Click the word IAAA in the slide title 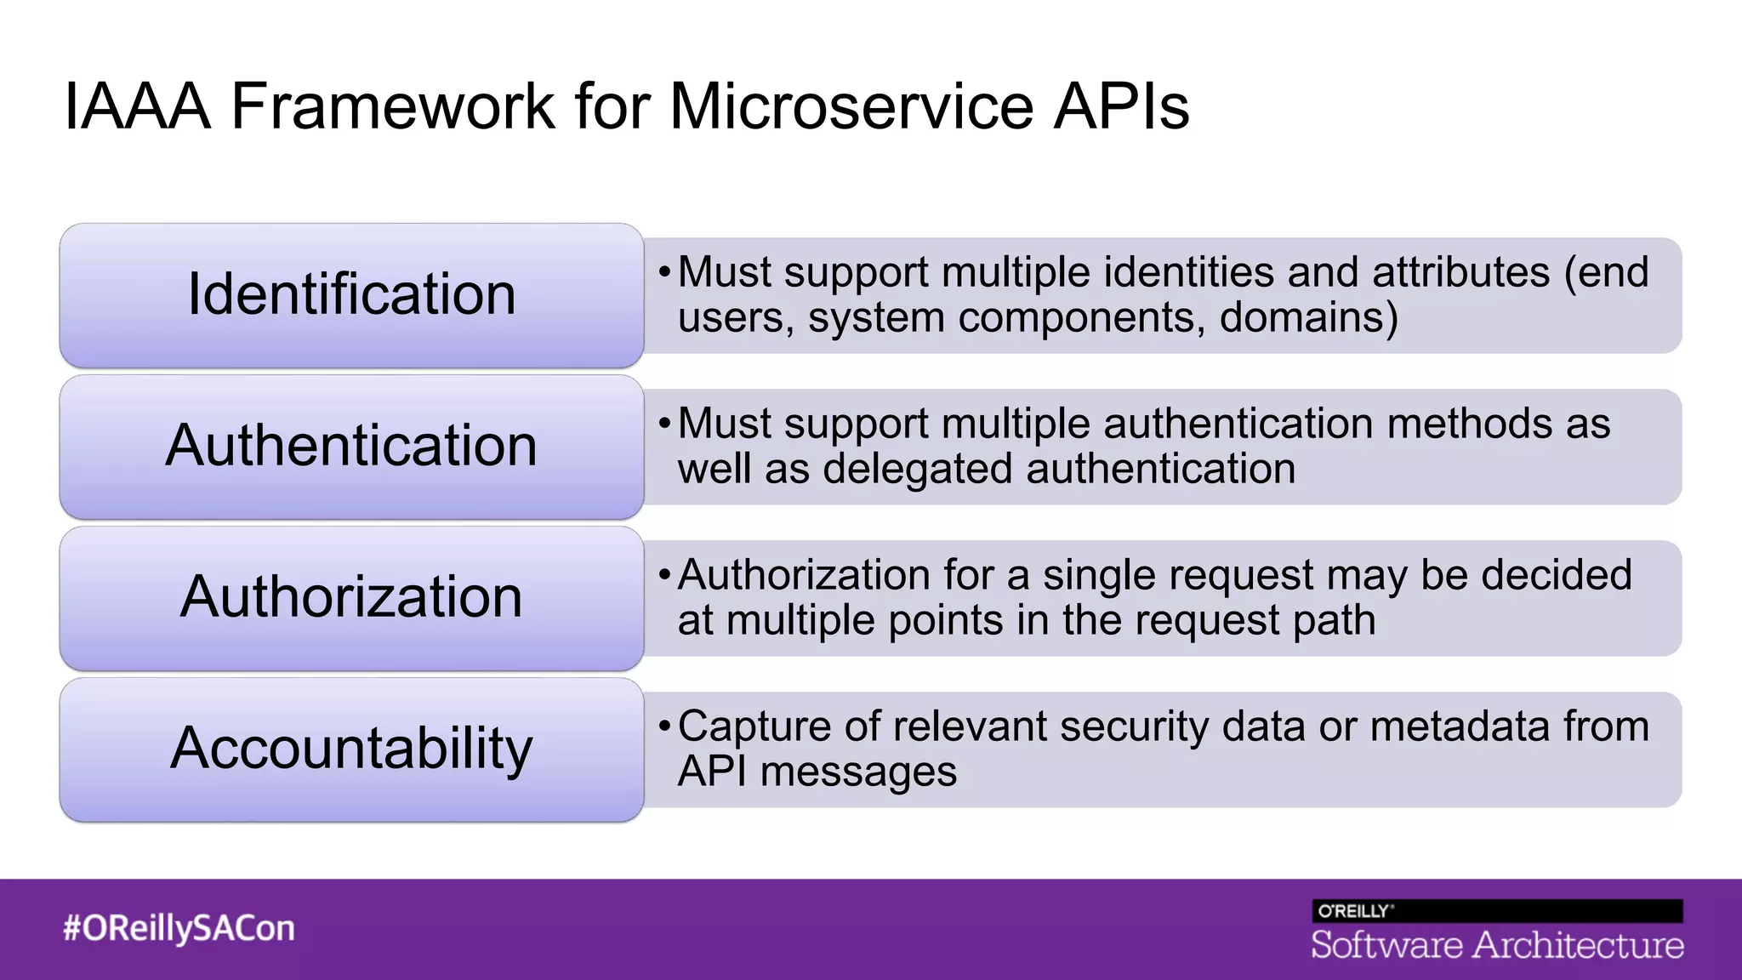coord(136,107)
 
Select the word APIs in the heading coord(1121,107)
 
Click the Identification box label coord(351,294)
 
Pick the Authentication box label coord(351,446)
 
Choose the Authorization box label coord(351,597)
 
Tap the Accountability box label coord(351,749)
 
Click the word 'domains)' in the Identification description coord(1308,318)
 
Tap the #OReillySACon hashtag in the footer coord(179,928)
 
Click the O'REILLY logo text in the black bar coord(1354,911)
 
